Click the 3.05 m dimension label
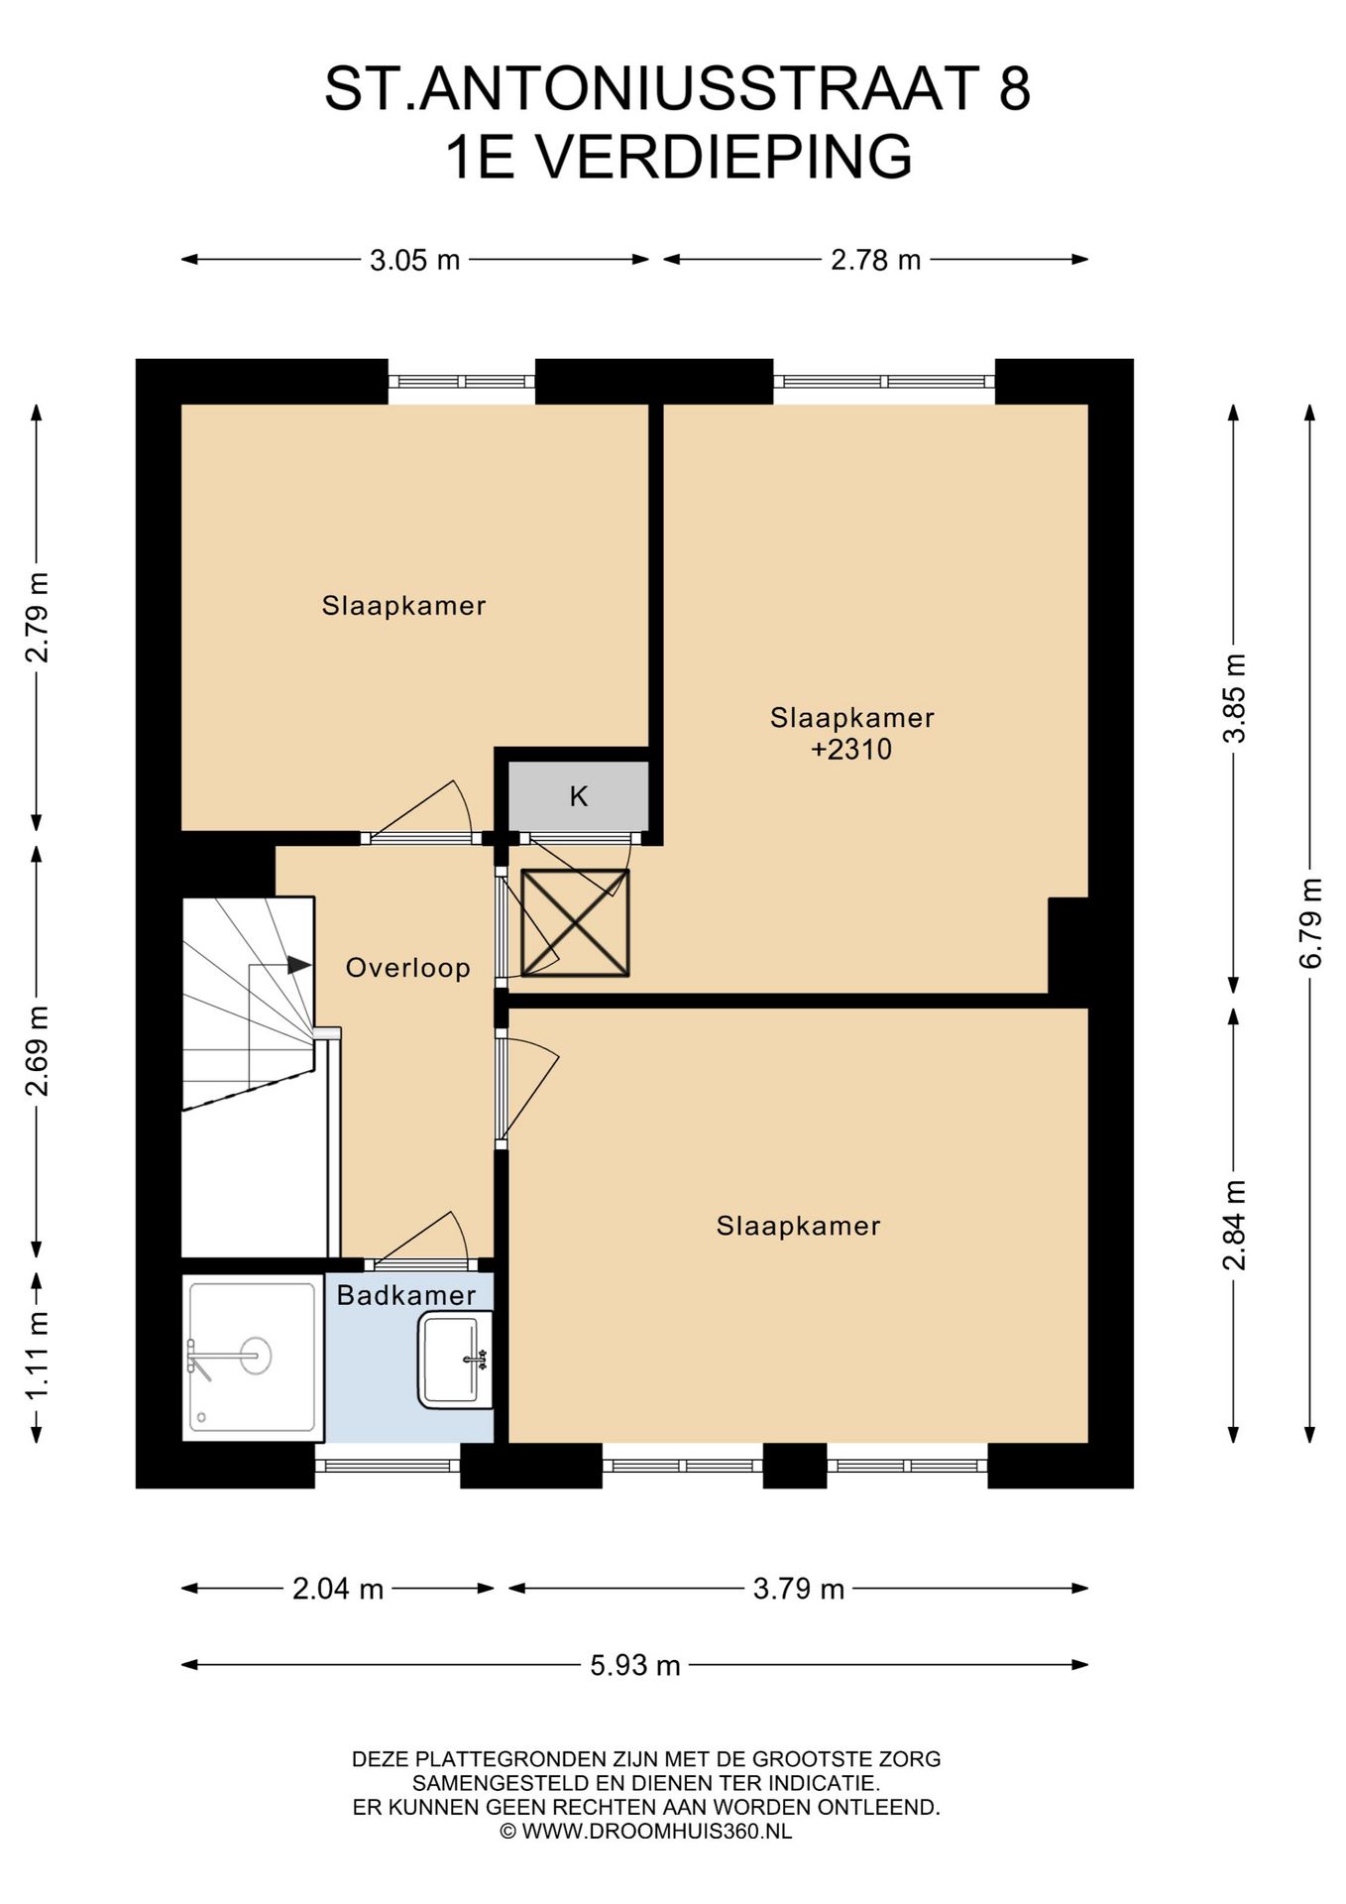414,260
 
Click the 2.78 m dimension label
875,260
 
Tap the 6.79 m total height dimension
1310,923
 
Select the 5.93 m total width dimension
635,1665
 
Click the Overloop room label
407,968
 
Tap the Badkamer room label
406,1295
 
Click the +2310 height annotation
851,750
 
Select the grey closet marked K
579,795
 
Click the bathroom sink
456,1359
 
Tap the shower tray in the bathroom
253,1357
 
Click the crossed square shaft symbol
575,923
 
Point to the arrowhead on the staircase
299,964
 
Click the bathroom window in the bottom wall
388,1465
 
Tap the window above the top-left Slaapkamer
461,381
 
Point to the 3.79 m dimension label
799,1590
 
